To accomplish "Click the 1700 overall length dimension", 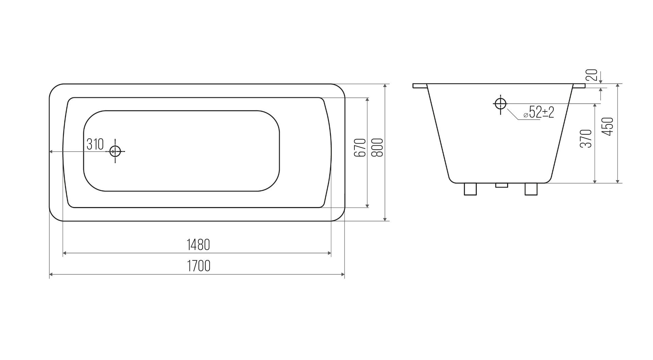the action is pos(198,266).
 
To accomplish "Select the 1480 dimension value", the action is pos(198,245).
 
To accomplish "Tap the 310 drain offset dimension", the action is pos(95,144).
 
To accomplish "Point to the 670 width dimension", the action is pos(359,148).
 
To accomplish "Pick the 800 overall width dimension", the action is pos(377,148).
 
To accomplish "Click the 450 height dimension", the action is pos(608,126).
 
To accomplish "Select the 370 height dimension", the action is pos(586,138).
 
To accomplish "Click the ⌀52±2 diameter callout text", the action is pos(539,112).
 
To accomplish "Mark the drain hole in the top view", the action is pos(115,151).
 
